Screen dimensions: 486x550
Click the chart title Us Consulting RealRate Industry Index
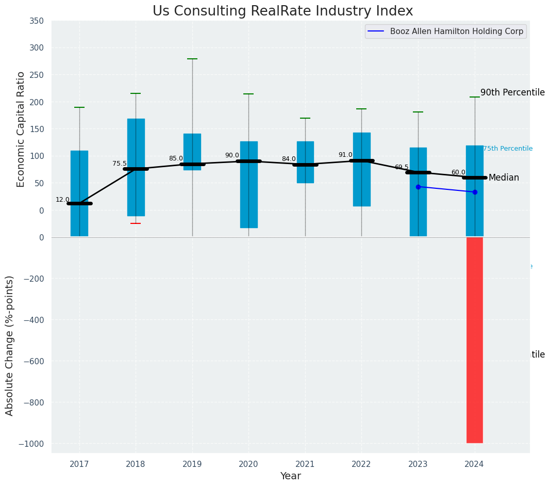pyautogui.click(x=282, y=11)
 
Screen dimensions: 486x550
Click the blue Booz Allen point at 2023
pyautogui.click(x=418, y=187)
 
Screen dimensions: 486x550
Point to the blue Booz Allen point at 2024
pyautogui.click(x=475, y=192)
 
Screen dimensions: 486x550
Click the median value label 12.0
pyautogui.click(x=62, y=200)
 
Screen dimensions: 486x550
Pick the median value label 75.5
pyautogui.click(x=119, y=164)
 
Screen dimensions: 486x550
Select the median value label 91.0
pyautogui.click(x=345, y=155)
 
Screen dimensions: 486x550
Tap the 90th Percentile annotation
pyautogui.click(x=512, y=92)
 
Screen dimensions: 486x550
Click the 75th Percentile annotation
pyautogui.click(x=507, y=149)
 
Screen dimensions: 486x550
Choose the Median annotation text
pyautogui.click(x=504, y=177)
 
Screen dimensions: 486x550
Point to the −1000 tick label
pyautogui.click(x=31, y=444)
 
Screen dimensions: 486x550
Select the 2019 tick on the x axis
pyautogui.click(x=192, y=464)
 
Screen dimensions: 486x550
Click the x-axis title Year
pyautogui.click(x=290, y=476)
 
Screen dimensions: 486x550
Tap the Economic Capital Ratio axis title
pyautogui.click(x=21, y=129)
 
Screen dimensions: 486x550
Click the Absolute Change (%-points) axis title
pyautogui.click(x=10, y=345)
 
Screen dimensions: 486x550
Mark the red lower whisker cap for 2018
pyautogui.click(x=136, y=223)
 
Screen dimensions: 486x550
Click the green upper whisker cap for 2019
pyautogui.click(x=192, y=59)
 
